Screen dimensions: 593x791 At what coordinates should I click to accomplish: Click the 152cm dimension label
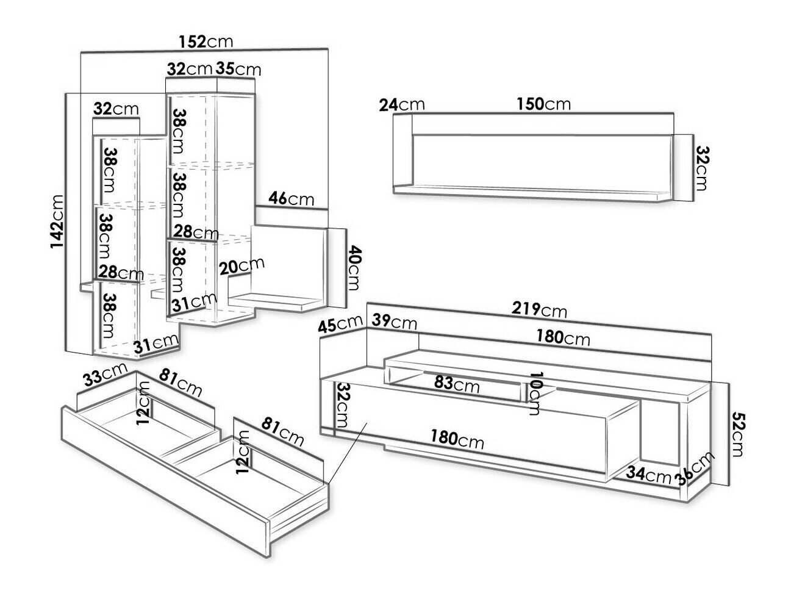[x=206, y=41]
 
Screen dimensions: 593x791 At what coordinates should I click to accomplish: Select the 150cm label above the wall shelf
[x=543, y=104]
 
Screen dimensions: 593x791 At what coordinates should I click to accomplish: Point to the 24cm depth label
[x=401, y=104]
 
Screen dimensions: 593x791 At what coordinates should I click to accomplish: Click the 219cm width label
[x=540, y=311]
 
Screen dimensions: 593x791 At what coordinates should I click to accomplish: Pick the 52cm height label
[x=739, y=434]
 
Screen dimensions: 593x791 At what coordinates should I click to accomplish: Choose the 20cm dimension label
[x=242, y=267]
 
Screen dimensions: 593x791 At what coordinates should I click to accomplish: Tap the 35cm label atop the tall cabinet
[x=238, y=69]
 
